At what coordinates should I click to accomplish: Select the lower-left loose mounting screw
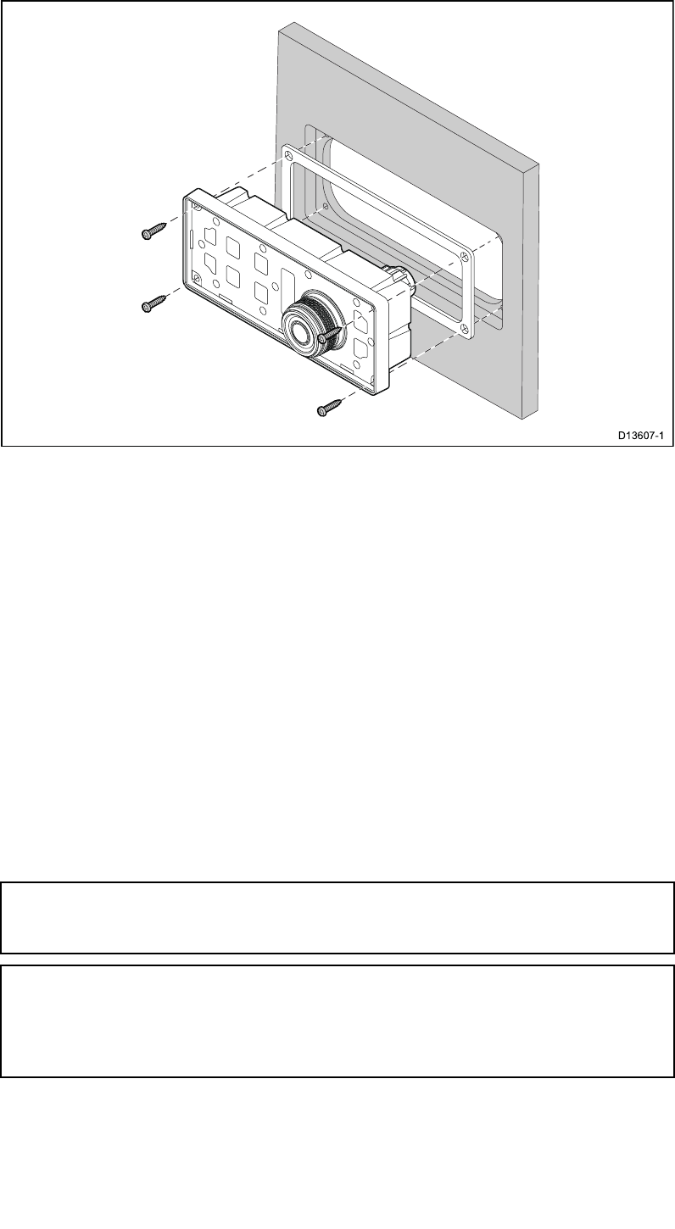pyautogui.click(x=153, y=303)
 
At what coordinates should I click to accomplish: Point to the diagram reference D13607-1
pyautogui.click(x=641, y=436)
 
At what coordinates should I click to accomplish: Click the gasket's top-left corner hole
pyautogui.click(x=289, y=155)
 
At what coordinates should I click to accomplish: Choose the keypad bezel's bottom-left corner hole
pyautogui.click(x=197, y=278)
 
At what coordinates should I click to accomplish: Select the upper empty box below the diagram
pyautogui.click(x=337, y=918)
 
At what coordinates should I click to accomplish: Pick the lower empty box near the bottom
pyautogui.click(x=337, y=1020)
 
